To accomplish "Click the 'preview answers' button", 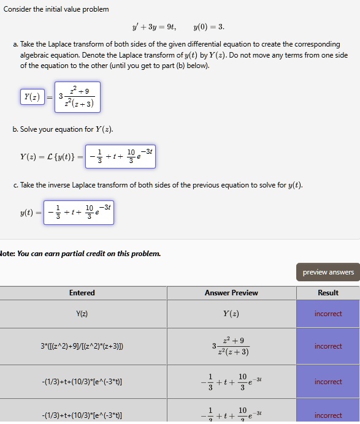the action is tap(328, 272).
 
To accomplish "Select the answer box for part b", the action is tap(118, 156).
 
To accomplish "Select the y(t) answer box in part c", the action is tap(79, 212).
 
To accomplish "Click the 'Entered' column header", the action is tap(82, 293).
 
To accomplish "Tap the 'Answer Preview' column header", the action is tap(231, 293).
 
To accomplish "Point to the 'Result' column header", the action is tap(328, 293).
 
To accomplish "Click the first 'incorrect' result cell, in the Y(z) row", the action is tap(328, 314).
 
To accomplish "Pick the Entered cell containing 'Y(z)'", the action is tap(82, 314).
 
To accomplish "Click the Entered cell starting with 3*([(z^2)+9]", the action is tap(82, 346).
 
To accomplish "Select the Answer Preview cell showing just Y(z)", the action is tap(231, 314).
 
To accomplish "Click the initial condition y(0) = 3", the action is tap(209, 27).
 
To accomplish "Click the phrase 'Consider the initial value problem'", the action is tap(56, 9).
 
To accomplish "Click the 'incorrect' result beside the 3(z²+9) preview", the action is tap(328, 346).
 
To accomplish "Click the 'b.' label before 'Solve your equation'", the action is tap(15, 129).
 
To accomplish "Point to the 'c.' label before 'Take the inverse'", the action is tap(15, 185).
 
